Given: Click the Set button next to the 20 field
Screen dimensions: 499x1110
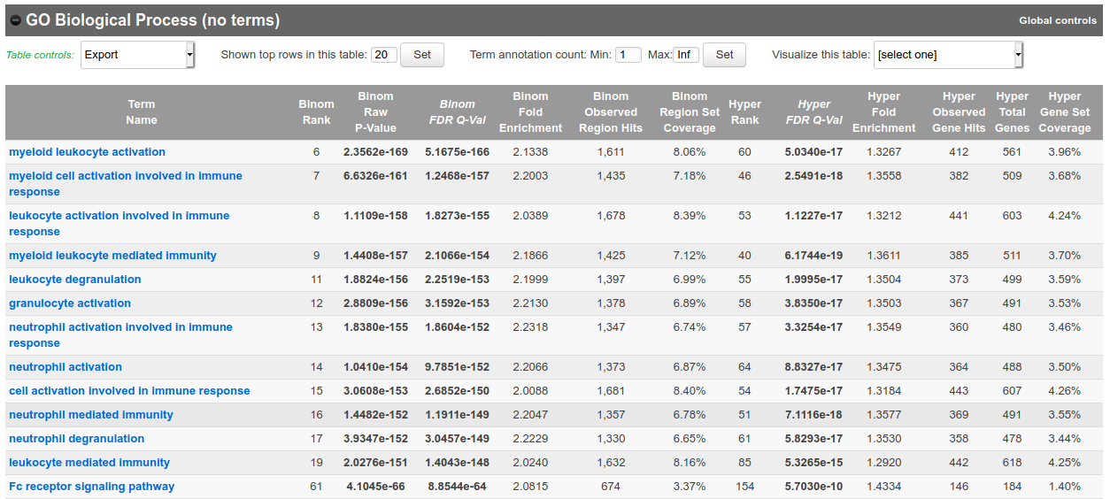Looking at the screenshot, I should (422, 55).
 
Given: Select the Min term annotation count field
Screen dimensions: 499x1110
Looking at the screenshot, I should (628, 55).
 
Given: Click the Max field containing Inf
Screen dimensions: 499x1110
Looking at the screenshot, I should (685, 55).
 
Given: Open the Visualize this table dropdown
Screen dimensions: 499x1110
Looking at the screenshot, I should (948, 55).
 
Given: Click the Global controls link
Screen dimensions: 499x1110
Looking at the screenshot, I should (1057, 20).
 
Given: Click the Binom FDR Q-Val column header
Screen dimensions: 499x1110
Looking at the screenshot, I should (457, 112).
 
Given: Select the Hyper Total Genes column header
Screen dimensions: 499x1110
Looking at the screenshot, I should (1012, 112).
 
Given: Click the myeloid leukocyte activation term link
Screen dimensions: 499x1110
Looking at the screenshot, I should (87, 152).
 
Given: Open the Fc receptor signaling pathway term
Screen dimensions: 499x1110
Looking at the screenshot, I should (91, 487).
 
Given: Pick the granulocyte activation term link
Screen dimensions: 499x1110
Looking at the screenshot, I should (70, 303).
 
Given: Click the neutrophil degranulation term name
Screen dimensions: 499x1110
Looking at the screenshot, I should (76, 439).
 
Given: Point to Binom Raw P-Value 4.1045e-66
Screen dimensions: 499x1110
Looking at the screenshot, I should (376, 487).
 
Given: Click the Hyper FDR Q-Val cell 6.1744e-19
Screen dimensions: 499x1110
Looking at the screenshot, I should (813, 256).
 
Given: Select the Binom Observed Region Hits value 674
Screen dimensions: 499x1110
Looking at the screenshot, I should (611, 487).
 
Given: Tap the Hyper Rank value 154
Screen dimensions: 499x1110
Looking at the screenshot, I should (744, 487).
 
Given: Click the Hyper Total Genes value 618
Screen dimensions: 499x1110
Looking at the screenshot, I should (1012, 463).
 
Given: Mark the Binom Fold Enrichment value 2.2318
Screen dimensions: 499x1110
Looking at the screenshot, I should (530, 327).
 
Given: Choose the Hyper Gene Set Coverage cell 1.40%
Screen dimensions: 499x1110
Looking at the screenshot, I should (1064, 487).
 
